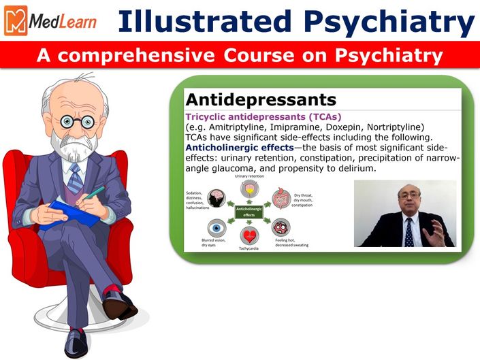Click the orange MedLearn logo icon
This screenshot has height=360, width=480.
(16, 20)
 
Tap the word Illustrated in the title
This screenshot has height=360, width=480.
(204, 21)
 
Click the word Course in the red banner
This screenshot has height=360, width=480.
(259, 55)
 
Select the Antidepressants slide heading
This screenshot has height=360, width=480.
(261, 99)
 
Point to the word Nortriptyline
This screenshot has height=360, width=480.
(395, 127)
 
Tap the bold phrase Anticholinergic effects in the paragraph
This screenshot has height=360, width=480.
(240, 148)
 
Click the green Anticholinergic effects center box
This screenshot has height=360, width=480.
(249, 212)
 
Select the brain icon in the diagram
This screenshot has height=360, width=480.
(217, 198)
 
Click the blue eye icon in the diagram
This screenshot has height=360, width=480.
(217, 228)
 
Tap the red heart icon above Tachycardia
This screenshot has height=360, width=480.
(249, 236)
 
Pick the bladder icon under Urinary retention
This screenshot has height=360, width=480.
(249, 189)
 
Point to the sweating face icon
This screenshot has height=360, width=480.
(281, 227)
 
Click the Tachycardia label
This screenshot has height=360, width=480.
(249, 248)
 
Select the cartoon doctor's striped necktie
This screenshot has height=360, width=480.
(75, 178)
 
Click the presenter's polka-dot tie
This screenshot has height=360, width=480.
(409, 233)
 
